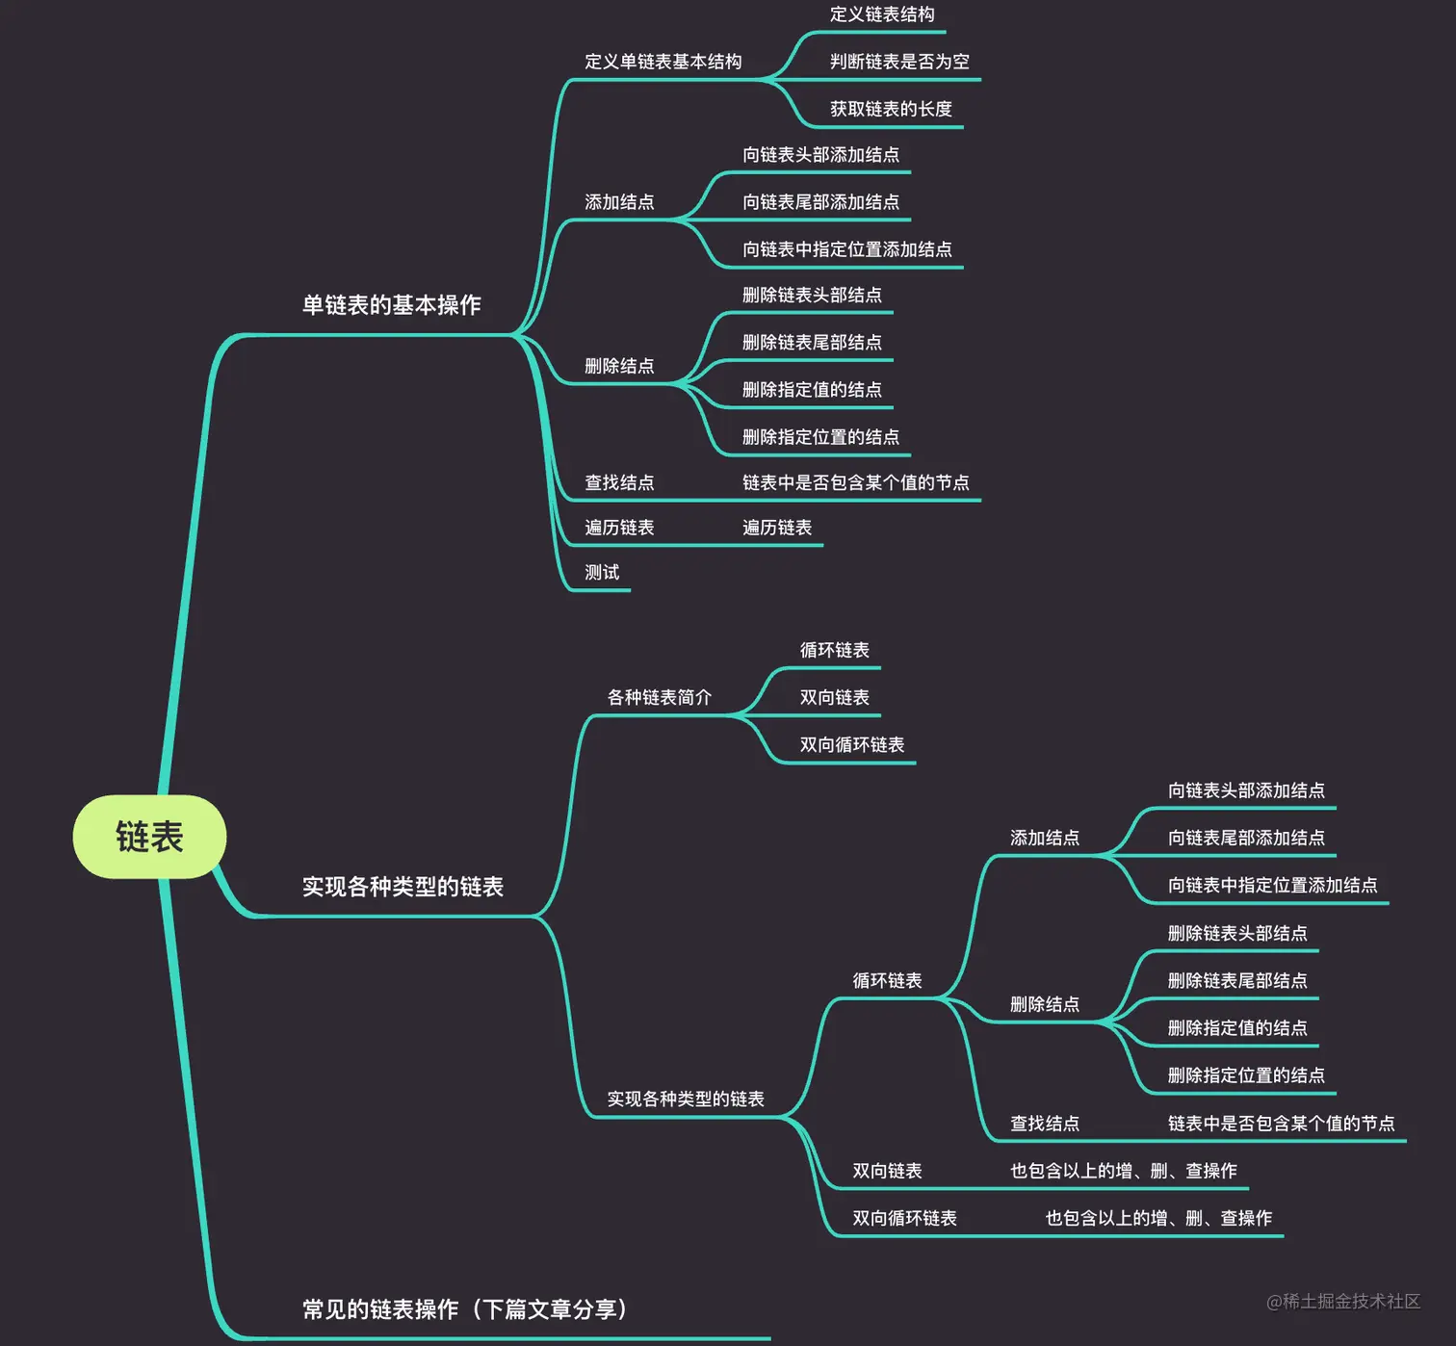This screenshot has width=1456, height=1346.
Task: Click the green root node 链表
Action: [x=149, y=837]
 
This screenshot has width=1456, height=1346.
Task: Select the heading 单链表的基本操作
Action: [x=391, y=305]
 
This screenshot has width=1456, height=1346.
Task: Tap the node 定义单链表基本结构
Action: [x=663, y=62]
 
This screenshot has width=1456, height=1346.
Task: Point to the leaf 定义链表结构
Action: [x=882, y=14]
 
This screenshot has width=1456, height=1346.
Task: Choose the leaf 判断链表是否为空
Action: [x=899, y=62]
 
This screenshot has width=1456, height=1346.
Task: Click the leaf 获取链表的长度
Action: [x=891, y=109]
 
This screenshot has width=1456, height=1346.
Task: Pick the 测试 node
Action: [x=602, y=572]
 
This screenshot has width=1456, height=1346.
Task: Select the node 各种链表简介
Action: [x=659, y=697]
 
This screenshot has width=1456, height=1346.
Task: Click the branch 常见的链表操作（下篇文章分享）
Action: [x=465, y=1309]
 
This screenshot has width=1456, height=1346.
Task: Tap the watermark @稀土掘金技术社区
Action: [x=1342, y=1302]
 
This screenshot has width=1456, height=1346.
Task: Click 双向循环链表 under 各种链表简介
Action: [x=851, y=744]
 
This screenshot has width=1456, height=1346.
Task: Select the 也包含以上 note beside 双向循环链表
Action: [x=1158, y=1218]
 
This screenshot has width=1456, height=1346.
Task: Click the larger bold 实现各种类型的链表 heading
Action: [x=403, y=887]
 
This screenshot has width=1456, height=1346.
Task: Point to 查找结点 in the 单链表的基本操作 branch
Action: [x=619, y=482]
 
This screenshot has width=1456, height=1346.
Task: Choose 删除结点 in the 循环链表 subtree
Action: [x=1044, y=1004]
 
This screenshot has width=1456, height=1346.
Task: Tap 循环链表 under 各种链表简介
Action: [x=834, y=650]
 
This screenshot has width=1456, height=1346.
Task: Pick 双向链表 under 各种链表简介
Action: [x=834, y=697]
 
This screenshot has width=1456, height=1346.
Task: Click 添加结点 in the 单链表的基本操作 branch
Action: [x=619, y=202]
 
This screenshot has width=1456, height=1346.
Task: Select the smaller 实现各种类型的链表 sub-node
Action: [x=685, y=1099]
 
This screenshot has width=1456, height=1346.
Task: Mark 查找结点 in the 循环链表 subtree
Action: [x=1044, y=1123]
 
